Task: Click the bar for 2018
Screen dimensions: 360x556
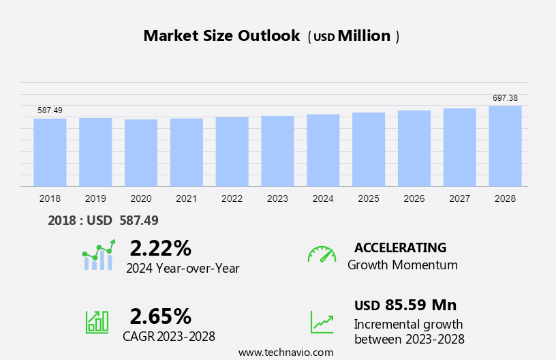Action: [x=50, y=152]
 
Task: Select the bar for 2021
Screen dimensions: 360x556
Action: [x=187, y=152]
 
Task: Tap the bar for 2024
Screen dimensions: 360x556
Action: [x=323, y=150]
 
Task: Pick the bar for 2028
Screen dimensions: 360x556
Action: [x=505, y=146]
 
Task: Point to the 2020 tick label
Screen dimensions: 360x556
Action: [x=141, y=198]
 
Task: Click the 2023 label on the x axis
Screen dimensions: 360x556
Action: [x=277, y=198]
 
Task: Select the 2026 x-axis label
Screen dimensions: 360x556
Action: [x=414, y=198]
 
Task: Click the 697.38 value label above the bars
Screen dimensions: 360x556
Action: [x=505, y=98]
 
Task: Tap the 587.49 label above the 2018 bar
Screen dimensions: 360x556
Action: [x=50, y=110]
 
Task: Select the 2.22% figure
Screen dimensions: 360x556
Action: [x=160, y=247]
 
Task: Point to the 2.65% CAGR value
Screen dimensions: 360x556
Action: [x=160, y=316]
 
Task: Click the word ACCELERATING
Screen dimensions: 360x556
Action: [x=400, y=247]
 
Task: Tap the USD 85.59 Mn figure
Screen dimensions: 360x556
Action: [x=405, y=305]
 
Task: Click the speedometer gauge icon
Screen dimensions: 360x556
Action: [x=322, y=254]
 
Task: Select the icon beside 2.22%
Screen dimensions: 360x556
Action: [x=99, y=255]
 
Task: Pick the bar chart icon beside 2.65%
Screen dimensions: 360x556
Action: [x=97, y=322]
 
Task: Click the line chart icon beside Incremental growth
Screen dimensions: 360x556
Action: [x=322, y=322]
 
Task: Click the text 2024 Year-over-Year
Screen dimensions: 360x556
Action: [x=183, y=268]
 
